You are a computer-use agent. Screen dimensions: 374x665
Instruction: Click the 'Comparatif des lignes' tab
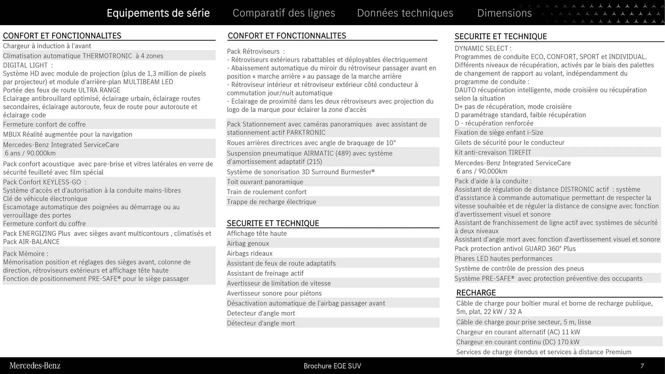click(284, 13)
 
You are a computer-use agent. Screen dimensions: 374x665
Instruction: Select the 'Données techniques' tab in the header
click(405, 13)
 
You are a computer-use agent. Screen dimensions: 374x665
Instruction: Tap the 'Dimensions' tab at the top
click(504, 13)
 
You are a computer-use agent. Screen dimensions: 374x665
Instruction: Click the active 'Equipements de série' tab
click(158, 13)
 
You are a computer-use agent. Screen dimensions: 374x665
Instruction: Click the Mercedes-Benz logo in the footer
click(35, 366)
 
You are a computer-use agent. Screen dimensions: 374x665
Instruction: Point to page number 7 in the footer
click(642, 366)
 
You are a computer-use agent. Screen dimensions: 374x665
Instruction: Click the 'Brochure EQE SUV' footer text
click(332, 366)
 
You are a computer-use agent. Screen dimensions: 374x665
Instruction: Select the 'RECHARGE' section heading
click(476, 293)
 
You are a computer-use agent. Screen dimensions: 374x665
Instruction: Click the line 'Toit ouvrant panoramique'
click(265, 182)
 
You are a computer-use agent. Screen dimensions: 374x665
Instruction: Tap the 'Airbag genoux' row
click(248, 243)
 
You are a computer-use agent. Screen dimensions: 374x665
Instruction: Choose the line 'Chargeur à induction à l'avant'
click(47, 46)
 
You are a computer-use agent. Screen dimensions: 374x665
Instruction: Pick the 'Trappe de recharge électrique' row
click(271, 202)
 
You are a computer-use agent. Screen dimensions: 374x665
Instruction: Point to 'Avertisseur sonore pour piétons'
click(274, 293)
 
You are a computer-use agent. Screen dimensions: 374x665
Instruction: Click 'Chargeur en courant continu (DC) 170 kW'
click(517, 342)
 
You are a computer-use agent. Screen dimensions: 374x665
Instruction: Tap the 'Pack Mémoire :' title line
click(26, 254)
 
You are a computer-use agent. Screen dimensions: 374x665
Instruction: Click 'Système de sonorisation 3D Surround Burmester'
click(301, 172)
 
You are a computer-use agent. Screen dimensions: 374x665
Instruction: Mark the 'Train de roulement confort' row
click(266, 192)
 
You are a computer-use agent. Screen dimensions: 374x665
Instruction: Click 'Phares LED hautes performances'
click(503, 259)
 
